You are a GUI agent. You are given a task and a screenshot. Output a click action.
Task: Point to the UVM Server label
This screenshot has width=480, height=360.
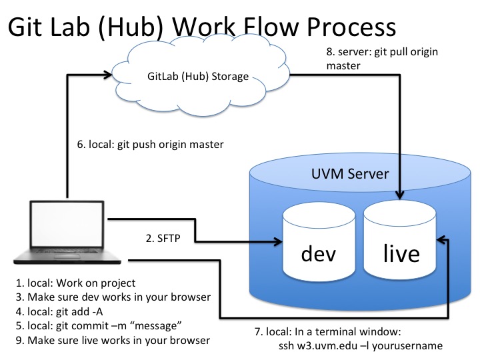[350, 175]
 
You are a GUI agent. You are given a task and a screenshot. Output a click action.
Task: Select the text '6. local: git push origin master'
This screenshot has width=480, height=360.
[151, 144]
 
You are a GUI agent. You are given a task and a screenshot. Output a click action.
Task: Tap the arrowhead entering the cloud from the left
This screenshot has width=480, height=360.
[111, 75]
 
